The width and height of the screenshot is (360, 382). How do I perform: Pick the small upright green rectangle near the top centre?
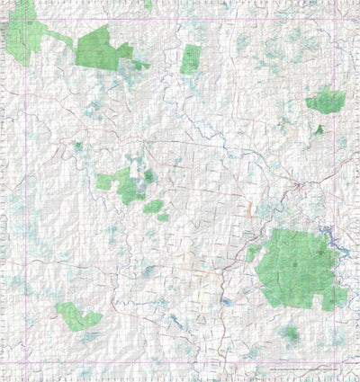tap(191, 59)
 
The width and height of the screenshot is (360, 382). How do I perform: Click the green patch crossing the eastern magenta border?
tap(327, 102)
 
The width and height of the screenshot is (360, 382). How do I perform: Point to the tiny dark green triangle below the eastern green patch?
tap(319, 129)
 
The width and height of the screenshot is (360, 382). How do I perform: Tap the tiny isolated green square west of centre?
tap(78, 145)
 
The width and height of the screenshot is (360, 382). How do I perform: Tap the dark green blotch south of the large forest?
tap(290, 334)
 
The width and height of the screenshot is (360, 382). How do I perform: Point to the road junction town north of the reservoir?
tap(297, 184)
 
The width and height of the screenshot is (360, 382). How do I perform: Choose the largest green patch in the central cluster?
tap(125, 183)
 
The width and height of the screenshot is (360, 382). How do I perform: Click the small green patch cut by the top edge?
tap(148, 4)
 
